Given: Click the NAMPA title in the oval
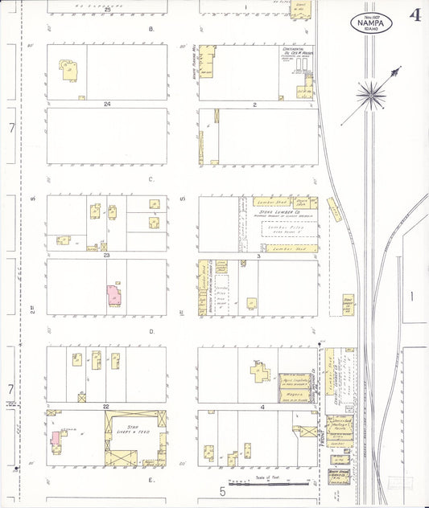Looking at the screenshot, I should pyautogui.click(x=370, y=23).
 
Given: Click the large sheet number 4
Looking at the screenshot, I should pyautogui.click(x=415, y=15).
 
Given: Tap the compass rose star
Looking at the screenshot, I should pyautogui.click(x=371, y=93).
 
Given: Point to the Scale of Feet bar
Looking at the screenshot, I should pyautogui.click(x=269, y=484).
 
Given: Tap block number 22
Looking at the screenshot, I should pyautogui.click(x=106, y=407).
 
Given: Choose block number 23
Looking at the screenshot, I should pyautogui.click(x=106, y=255).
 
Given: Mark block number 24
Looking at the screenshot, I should pyautogui.click(x=106, y=104).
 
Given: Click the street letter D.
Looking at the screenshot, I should pyautogui.click(x=151, y=330).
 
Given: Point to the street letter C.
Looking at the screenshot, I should pyautogui.click(x=151, y=178).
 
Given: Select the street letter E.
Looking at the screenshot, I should pyautogui.click(x=151, y=479).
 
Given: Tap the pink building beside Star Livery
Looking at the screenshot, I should pyautogui.click(x=56, y=438).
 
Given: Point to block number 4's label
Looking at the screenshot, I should pyautogui.click(x=262, y=407).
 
